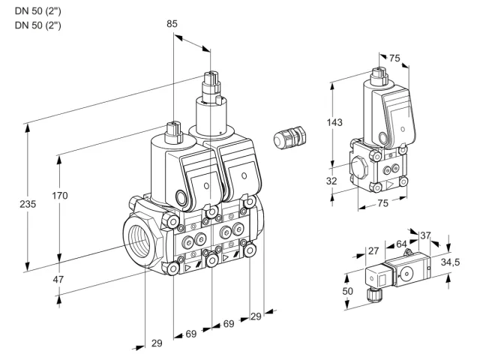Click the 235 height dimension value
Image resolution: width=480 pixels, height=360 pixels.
click(x=28, y=204)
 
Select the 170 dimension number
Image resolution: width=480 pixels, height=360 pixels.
click(x=60, y=195)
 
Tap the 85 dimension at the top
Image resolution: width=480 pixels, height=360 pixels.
click(x=172, y=23)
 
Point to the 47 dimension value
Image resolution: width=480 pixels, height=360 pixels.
click(x=58, y=279)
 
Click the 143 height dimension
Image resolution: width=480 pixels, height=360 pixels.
click(x=334, y=122)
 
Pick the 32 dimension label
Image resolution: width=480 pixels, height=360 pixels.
click(x=331, y=181)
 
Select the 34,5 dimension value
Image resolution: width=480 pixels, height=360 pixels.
click(x=450, y=262)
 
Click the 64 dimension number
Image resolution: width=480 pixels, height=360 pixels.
click(x=401, y=244)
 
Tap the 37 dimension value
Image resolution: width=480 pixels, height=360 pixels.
click(x=425, y=235)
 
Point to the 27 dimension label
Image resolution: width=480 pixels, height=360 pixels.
click(x=373, y=251)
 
